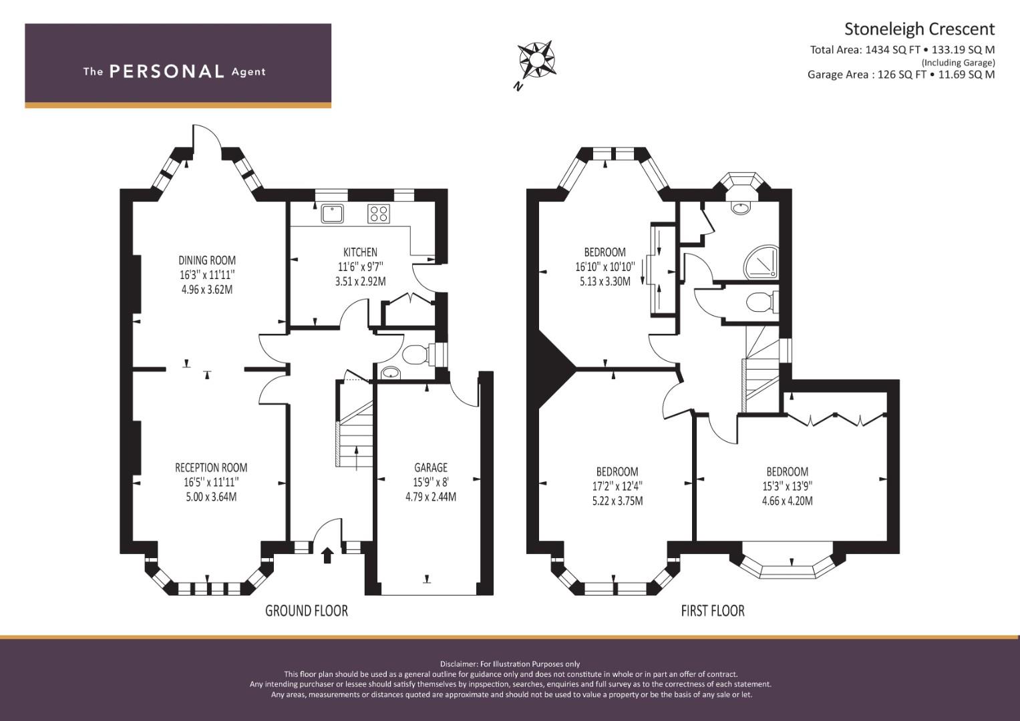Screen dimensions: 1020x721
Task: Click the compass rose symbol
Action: pyautogui.click(x=536, y=59)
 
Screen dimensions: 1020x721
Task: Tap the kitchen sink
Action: pyautogui.click(x=333, y=214)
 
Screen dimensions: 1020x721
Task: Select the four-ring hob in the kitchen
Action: pyautogui.click(x=379, y=214)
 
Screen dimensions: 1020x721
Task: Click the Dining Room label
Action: pyautogui.click(x=207, y=260)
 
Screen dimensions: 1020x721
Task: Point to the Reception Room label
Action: pyautogui.click(x=211, y=467)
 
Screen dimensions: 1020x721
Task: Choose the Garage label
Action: pyautogui.click(x=431, y=467)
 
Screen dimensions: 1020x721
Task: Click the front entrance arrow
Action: pyautogui.click(x=327, y=555)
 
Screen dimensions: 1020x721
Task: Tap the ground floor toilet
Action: pyautogui.click(x=416, y=354)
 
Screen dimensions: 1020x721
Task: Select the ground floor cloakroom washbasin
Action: pyautogui.click(x=391, y=373)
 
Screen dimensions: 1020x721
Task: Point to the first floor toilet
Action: pyautogui.click(x=761, y=302)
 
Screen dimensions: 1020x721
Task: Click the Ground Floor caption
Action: pyautogui.click(x=307, y=611)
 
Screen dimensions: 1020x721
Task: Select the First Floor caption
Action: pyautogui.click(x=713, y=611)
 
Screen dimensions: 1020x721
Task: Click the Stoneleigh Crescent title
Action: pyautogui.click(x=919, y=29)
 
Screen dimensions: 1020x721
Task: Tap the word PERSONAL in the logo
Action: pyautogui.click(x=167, y=71)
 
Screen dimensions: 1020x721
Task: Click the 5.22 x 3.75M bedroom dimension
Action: pyautogui.click(x=617, y=501)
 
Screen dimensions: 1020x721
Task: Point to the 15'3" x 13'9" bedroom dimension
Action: pyautogui.click(x=788, y=487)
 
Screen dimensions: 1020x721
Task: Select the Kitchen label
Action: pyautogui.click(x=360, y=252)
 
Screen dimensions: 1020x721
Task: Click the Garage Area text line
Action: pyautogui.click(x=901, y=75)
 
